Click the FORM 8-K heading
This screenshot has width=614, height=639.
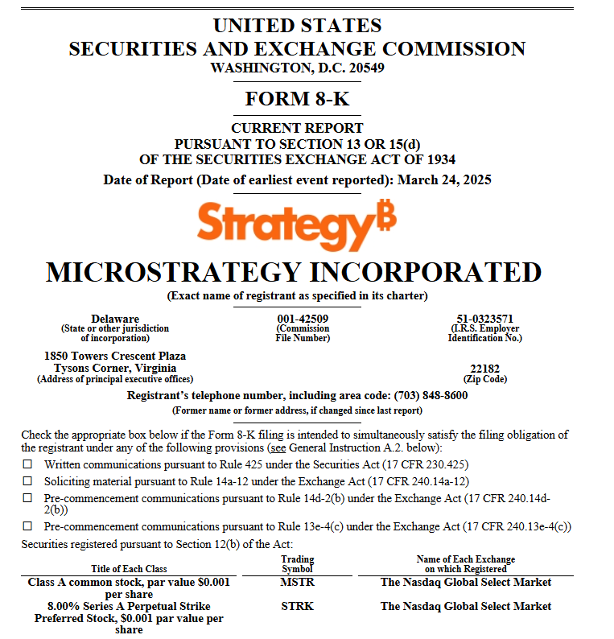coord(297,99)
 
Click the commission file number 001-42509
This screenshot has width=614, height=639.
coord(303,319)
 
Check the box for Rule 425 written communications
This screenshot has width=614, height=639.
coord(27,464)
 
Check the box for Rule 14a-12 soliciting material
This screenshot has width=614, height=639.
coord(27,481)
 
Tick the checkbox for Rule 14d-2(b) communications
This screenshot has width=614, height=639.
coord(27,498)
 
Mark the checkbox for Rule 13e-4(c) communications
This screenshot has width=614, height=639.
coord(27,526)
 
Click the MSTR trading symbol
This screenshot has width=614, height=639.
coord(298,582)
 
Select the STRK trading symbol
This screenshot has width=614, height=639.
coord(298,606)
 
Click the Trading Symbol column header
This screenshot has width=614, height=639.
coord(298,564)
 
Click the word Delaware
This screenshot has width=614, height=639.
coord(115,319)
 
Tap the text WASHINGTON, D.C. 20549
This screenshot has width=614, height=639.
coord(297,68)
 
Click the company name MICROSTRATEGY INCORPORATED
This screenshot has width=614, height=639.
coord(294,272)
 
